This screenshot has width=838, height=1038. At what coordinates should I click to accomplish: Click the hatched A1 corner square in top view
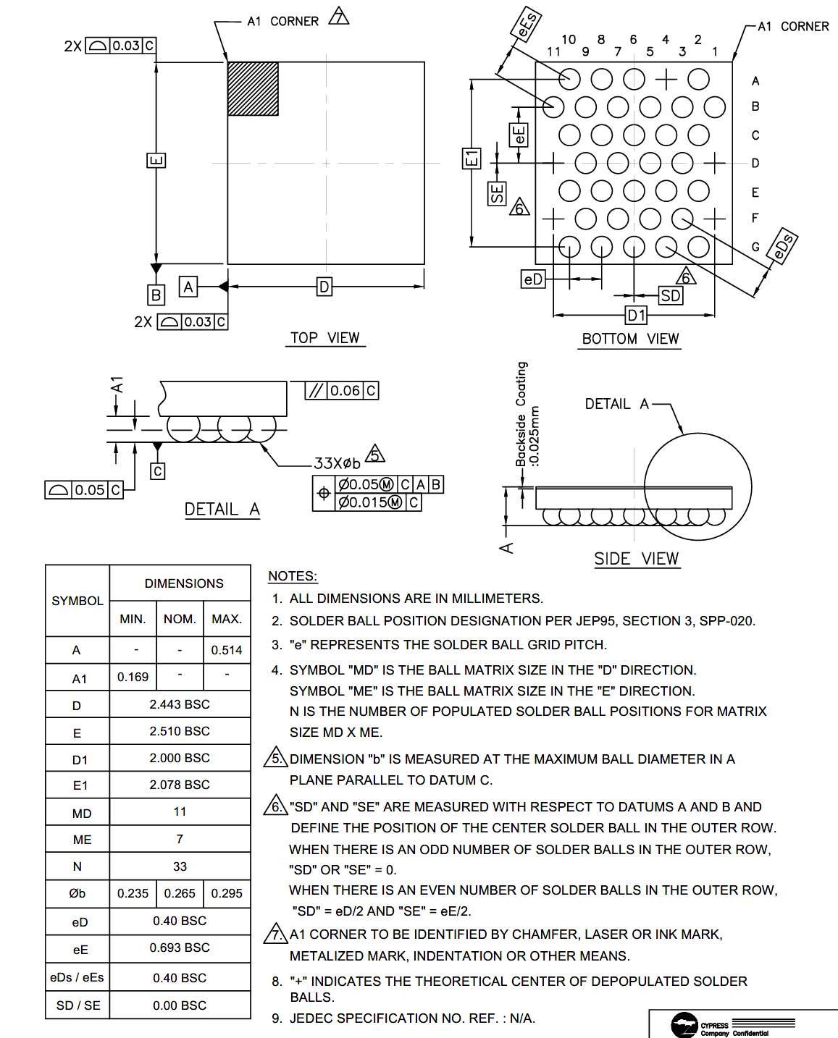[x=253, y=88]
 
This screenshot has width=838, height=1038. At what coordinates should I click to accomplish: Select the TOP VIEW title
[x=324, y=338]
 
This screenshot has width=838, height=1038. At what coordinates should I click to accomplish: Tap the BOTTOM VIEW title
[x=630, y=339]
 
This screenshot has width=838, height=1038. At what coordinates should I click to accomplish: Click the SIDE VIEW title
[x=636, y=559]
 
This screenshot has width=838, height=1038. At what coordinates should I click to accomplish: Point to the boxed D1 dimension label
[x=636, y=315]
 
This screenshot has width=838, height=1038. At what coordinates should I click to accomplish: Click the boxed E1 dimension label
[x=471, y=159]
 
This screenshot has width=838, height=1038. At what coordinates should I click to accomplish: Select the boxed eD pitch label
[x=532, y=279]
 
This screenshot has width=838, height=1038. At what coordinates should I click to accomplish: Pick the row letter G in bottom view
[x=755, y=247]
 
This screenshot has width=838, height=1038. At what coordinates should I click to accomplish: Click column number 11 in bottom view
[x=553, y=51]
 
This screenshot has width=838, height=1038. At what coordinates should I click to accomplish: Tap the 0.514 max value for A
[x=227, y=650]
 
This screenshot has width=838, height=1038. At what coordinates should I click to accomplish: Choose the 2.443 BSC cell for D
[x=180, y=704]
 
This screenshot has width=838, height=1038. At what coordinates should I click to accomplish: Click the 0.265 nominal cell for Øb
[x=180, y=893]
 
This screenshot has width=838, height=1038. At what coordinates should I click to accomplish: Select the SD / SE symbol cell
[x=78, y=1005]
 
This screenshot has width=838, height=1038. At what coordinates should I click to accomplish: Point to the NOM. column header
[x=180, y=619]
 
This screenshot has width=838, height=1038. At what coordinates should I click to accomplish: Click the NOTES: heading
[x=293, y=576]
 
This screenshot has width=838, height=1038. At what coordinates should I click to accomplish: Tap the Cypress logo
[x=684, y=1025]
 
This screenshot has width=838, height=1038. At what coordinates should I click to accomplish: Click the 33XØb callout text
[x=337, y=463]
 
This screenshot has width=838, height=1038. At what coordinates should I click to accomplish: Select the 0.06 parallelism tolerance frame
[x=342, y=391]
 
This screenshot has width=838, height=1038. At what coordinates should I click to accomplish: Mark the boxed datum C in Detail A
[x=157, y=471]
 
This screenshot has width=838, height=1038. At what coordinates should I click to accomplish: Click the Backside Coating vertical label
[x=521, y=414]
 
